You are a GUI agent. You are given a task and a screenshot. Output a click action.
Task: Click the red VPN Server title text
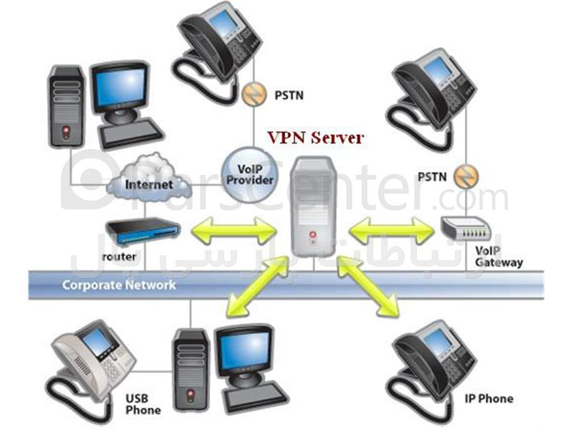(316, 138)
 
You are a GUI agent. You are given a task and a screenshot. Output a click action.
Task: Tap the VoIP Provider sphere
(250, 175)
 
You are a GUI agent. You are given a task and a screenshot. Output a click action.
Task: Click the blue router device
(143, 230)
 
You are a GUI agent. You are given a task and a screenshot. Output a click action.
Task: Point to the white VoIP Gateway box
(466, 228)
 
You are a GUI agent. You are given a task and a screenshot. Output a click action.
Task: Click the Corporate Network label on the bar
(119, 285)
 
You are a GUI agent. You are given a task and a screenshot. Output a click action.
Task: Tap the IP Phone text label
(489, 398)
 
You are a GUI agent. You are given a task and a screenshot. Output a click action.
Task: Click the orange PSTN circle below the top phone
(254, 95)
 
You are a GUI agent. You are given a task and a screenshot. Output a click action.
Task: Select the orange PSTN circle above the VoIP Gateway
(466, 176)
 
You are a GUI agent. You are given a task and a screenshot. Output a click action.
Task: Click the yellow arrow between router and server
(234, 230)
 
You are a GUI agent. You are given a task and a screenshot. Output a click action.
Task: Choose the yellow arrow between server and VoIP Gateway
(392, 230)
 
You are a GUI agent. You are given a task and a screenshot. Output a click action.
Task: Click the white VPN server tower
(313, 207)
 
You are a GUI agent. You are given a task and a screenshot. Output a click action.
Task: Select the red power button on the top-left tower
(66, 132)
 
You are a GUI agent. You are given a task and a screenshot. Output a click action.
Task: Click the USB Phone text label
(143, 404)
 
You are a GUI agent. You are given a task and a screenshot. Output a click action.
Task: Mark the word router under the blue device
(119, 257)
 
